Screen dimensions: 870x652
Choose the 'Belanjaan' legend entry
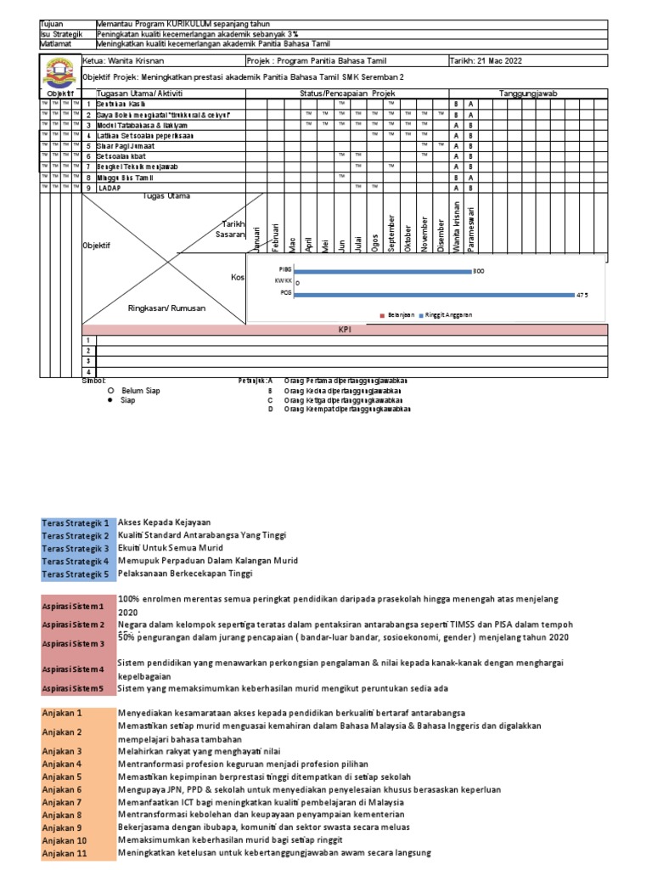(400, 314)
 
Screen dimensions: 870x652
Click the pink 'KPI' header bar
(345, 330)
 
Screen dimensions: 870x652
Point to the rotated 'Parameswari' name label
(473, 225)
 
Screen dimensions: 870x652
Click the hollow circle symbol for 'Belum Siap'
(110, 390)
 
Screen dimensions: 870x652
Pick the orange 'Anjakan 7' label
(63, 802)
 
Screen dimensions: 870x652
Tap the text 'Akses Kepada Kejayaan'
(165, 523)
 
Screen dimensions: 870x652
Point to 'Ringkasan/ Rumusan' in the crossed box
(166, 308)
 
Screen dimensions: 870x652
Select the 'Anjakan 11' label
(65, 853)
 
